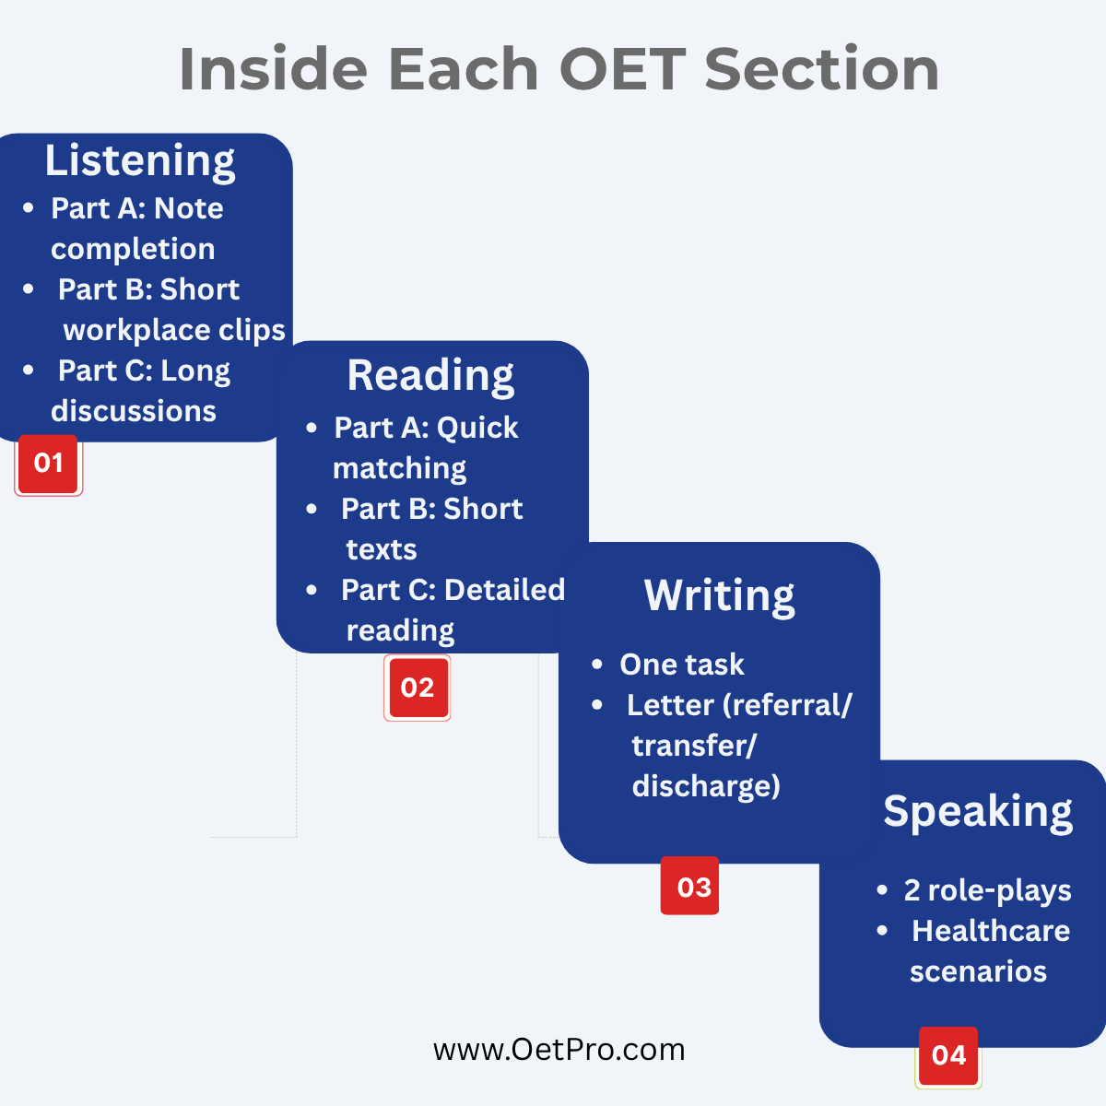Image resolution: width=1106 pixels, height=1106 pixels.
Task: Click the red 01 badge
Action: click(x=48, y=465)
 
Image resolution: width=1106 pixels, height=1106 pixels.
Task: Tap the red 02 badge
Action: click(x=418, y=688)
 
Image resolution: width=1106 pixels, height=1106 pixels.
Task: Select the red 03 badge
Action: click(x=690, y=886)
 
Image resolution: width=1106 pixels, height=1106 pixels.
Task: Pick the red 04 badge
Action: click(x=948, y=1056)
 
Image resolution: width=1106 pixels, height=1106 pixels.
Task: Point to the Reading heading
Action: click(x=430, y=376)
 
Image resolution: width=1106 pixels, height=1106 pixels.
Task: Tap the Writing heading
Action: click(x=719, y=596)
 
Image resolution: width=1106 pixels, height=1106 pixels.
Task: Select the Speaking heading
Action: click(x=978, y=812)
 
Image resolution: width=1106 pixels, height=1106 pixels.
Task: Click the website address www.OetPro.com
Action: click(x=559, y=1050)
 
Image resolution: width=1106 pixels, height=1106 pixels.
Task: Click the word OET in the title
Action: click(x=623, y=69)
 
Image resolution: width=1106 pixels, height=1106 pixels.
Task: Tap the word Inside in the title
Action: click(x=273, y=69)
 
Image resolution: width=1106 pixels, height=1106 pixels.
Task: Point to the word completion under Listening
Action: click(x=133, y=249)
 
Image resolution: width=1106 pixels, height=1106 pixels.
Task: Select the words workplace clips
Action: click(x=174, y=331)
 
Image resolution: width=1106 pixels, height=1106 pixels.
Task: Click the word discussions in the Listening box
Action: click(x=134, y=411)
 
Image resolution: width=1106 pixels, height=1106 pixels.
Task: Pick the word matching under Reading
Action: click(x=399, y=469)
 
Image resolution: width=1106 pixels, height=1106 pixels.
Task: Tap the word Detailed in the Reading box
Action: click(x=505, y=590)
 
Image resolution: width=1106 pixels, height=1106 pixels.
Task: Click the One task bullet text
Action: click(x=682, y=665)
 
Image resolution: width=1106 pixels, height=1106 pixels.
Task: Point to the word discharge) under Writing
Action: click(x=706, y=786)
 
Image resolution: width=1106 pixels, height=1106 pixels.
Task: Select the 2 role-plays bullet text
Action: click(x=988, y=890)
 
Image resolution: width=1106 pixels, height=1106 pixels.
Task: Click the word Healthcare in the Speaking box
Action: click(x=991, y=931)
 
